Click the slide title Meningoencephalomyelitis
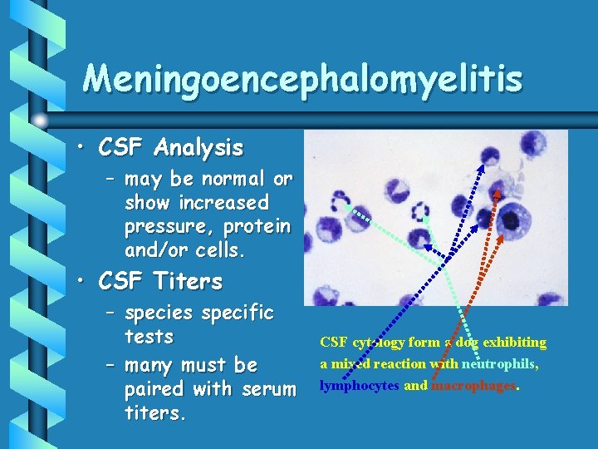coord(302,80)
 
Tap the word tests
coord(149,336)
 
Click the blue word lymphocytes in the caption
coord(359,385)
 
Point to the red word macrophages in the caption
coord(473,385)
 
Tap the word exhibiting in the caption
coord(514,342)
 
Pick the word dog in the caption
coord(466,342)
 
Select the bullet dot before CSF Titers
coord(83,282)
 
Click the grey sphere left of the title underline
coord(40,120)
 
